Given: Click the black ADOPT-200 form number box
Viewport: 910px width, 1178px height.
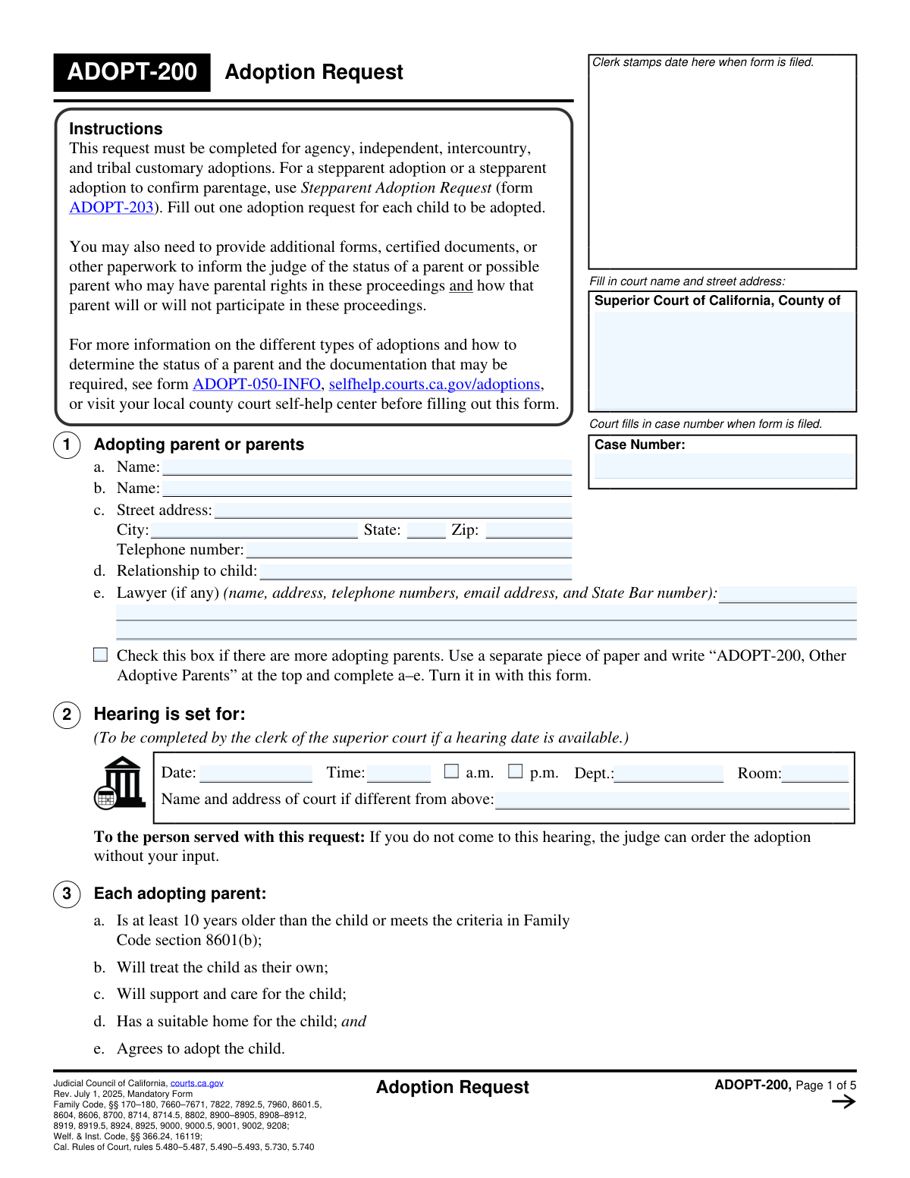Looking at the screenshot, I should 132,72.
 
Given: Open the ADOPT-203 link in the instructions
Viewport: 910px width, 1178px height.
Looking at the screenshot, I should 111,208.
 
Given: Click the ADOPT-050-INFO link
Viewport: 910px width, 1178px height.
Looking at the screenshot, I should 256,385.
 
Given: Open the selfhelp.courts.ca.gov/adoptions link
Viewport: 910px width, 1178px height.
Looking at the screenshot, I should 435,385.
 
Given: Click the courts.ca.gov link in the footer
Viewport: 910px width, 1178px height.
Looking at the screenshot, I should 196,1083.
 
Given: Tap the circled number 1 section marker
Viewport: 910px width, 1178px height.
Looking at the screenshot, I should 67,444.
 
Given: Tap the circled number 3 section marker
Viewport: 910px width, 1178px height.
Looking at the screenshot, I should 67,894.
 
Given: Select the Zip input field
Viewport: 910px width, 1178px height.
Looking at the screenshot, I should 529,530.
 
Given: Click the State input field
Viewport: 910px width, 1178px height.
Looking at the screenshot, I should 426,530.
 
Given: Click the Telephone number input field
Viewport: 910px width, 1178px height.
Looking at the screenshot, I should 409,550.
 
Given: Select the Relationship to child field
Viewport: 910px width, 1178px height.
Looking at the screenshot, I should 415,571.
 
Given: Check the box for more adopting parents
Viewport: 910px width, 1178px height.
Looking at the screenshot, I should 101,655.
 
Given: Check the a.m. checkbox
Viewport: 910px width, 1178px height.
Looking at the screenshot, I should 452,771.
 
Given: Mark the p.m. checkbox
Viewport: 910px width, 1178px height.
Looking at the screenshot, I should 516,771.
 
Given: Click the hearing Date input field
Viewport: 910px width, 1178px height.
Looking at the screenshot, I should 256,774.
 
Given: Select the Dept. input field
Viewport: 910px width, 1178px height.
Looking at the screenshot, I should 668,774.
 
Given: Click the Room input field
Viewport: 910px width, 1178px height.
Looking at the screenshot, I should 815,774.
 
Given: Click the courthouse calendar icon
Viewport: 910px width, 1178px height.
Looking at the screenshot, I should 120,783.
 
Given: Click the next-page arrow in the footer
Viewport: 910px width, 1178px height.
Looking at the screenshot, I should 843,1102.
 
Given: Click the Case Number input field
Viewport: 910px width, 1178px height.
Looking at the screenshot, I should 723,466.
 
